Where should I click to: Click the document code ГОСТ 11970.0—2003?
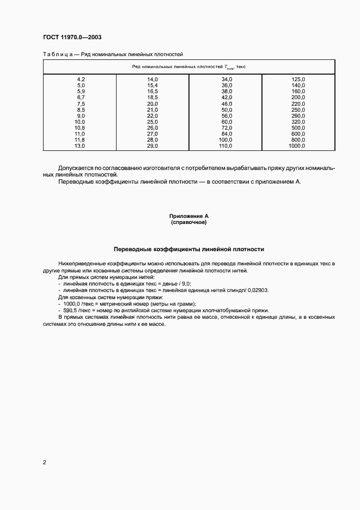coord(72,37)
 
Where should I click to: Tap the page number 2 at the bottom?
coord(44,463)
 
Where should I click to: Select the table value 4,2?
coord(81,80)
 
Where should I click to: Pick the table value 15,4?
coord(152,86)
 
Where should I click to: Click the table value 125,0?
coord(298,80)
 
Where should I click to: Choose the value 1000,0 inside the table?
coord(297,145)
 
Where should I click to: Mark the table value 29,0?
coord(152,145)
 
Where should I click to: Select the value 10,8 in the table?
coord(80,127)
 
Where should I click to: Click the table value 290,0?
coord(298,116)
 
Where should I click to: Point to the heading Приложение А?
coord(188,216)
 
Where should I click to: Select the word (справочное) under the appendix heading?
coord(188,222)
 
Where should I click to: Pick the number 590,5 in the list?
coord(71,311)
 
